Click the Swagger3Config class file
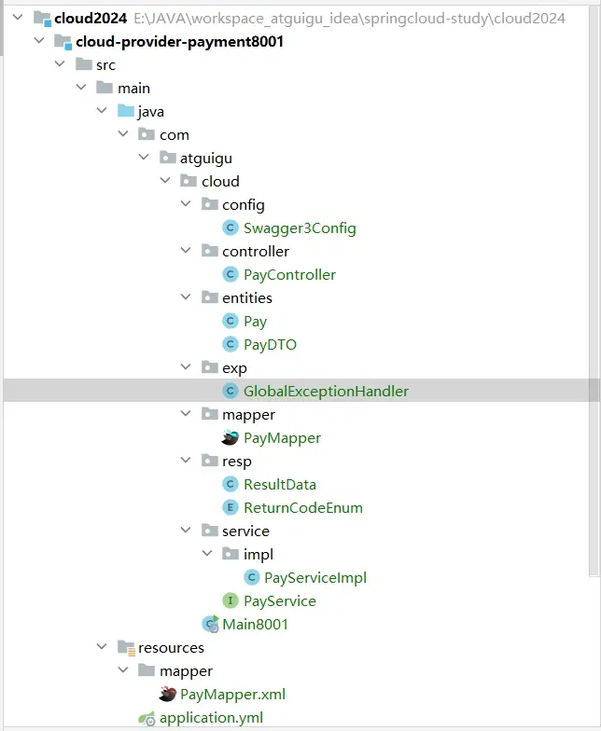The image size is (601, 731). pos(299,228)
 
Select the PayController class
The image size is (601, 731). pos(289,275)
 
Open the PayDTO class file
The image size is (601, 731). pos(270,345)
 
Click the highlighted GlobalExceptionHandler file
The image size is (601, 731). pos(326,392)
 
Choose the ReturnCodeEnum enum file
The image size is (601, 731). pos(302,508)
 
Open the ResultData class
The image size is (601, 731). pos(279,485)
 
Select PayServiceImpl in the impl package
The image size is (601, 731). pos(314,578)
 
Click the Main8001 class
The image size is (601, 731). pos(255,625)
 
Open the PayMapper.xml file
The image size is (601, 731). pos(232,695)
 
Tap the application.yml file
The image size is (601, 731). pos(211,718)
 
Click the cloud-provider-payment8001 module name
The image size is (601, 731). pos(179,42)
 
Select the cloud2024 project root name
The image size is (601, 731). pos(91,19)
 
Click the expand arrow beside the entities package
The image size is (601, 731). pos(187,298)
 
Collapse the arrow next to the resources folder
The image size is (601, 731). pos(102,648)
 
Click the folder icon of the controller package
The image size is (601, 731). pos(209,252)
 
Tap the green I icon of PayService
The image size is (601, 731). pos(230,601)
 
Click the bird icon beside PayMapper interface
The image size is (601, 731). pos(230,438)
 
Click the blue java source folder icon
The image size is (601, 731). pos(125,112)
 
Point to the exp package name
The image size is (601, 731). pos(234,368)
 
